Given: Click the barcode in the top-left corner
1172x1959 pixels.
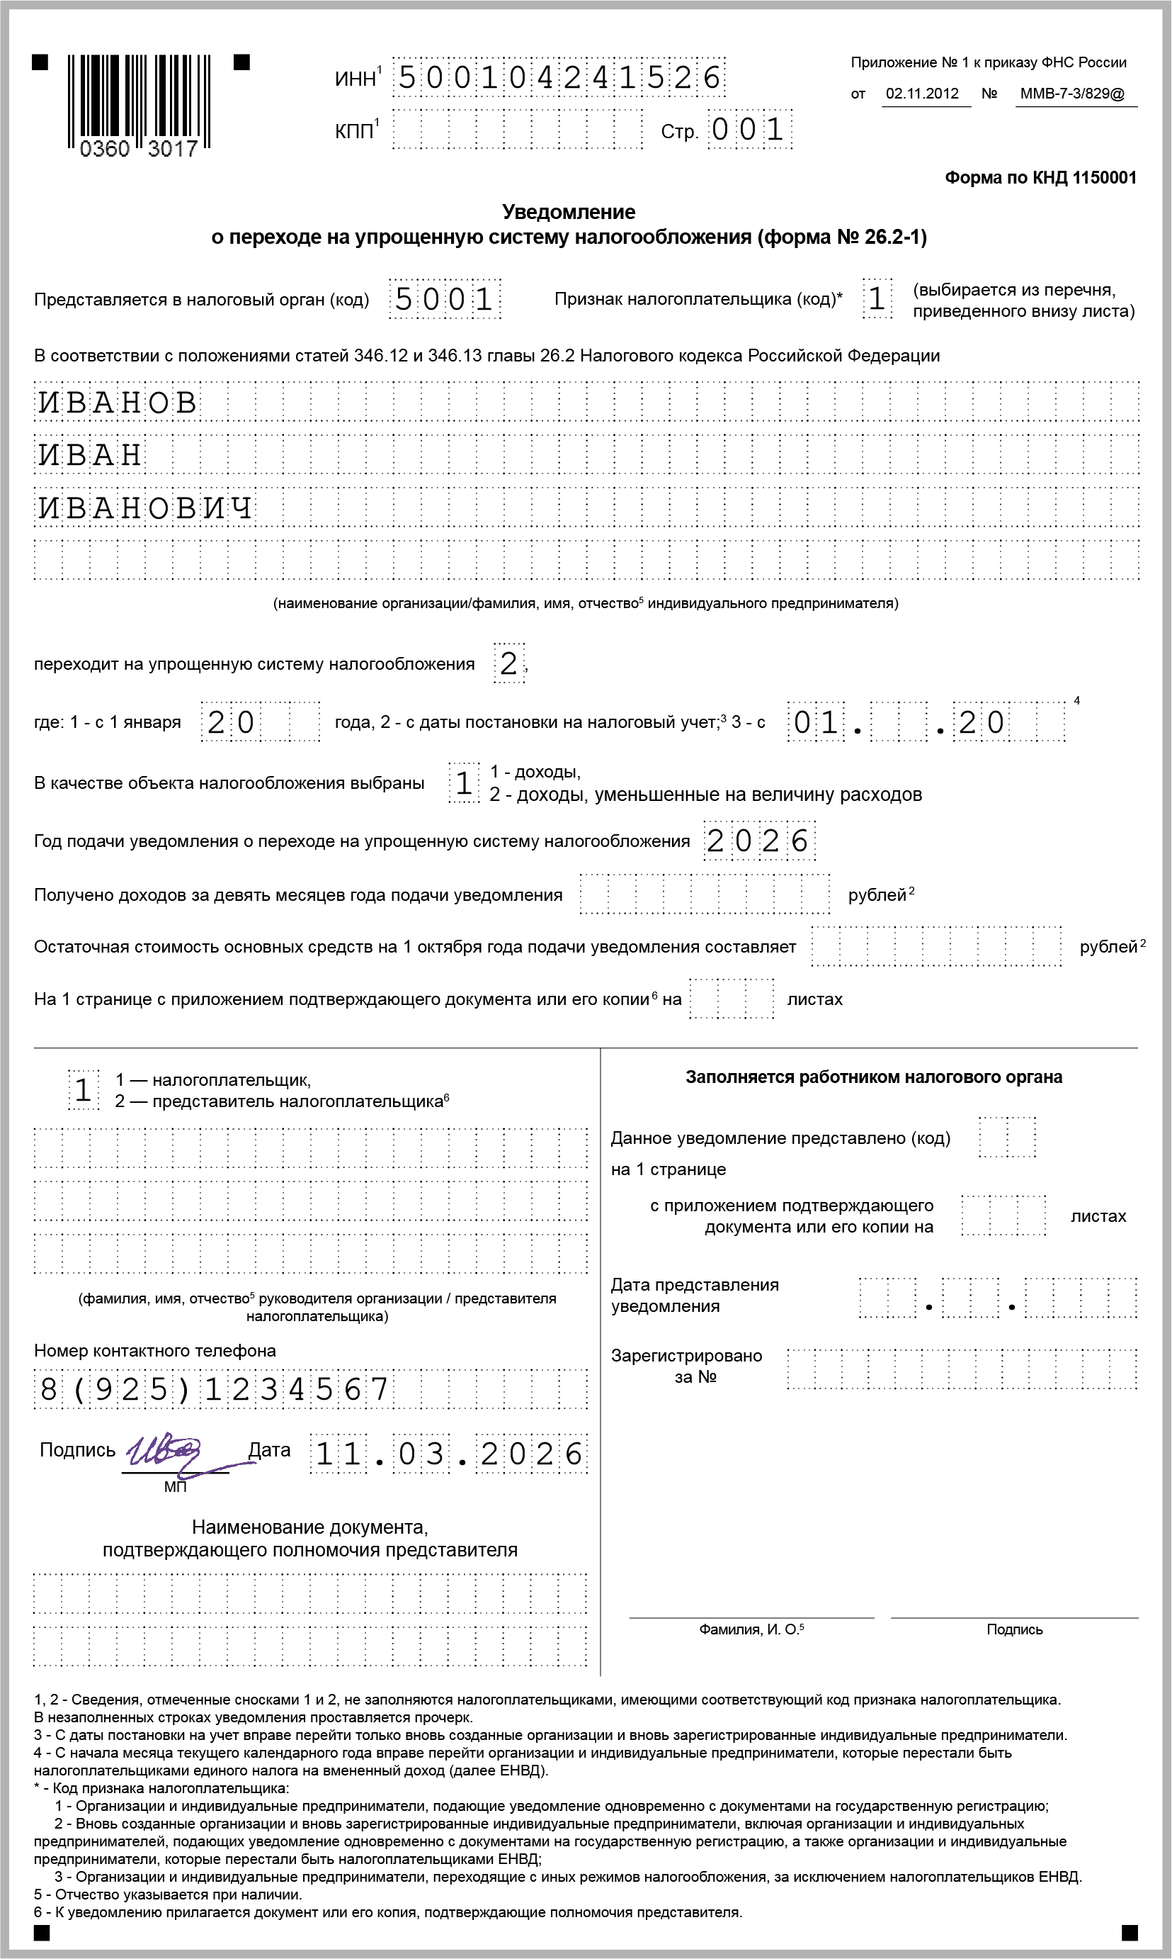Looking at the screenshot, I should pyautogui.click(x=139, y=101).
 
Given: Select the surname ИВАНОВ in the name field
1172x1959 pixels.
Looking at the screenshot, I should pyautogui.click(x=118, y=403).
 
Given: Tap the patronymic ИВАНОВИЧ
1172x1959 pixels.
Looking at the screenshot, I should pyautogui.click(x=146, y=508).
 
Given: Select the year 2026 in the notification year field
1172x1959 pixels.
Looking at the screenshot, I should pyautogui.click(x=758, y=841).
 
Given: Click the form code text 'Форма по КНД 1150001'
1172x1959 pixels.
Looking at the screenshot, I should pyautogui.click(x=1040, y=178).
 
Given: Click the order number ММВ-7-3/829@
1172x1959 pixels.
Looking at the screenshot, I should pyautogui.click(x=1071, y=94).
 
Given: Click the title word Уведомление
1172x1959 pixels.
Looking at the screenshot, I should pyautogui.click(x=569, y=212).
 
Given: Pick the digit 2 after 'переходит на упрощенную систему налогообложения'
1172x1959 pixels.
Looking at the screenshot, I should pyautogui.click(x=508, y=664).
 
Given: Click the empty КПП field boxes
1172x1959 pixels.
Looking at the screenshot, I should pyautogui.click(x=517, y=130).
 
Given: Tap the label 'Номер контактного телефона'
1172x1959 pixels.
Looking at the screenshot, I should pyautogui.click(x=155, y=1350).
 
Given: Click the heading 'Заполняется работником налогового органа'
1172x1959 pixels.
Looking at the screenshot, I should pyautogui.click(x=873, y=1077).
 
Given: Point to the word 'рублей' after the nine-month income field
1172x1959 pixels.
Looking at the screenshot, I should pyautogui.click(x=877, y=895).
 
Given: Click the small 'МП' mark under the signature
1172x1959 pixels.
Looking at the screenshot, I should pyautogui.click(x=176, y=1487).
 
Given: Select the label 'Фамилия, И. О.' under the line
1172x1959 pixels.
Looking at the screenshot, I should pyautogui.click(x=750, y=1629).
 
